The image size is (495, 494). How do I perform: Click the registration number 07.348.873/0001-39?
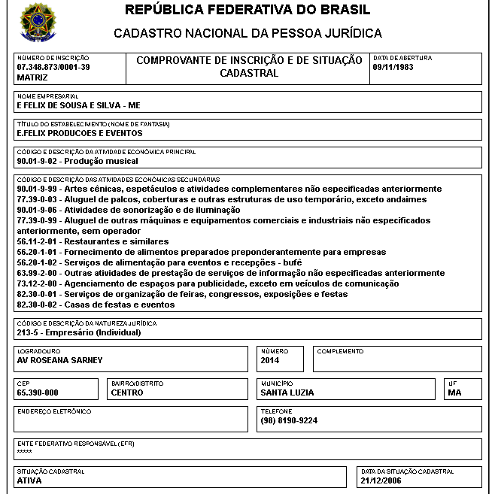53,67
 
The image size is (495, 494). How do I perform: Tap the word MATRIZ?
32,77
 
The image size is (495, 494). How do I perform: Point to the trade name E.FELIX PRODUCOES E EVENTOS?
79,133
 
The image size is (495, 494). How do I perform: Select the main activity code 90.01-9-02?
38,161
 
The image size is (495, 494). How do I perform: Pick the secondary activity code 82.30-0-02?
38,305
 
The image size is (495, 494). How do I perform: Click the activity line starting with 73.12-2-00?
208,283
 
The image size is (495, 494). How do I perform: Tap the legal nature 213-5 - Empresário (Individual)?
79,332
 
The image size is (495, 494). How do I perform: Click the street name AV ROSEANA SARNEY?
59,359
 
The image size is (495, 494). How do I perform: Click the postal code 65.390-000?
38,392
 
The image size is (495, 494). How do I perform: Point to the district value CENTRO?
126,392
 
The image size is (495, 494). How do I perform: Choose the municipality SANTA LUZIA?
287,392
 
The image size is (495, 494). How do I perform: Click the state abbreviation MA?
454,392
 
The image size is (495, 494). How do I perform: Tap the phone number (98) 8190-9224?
289,420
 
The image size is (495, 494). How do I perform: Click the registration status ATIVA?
29,480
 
